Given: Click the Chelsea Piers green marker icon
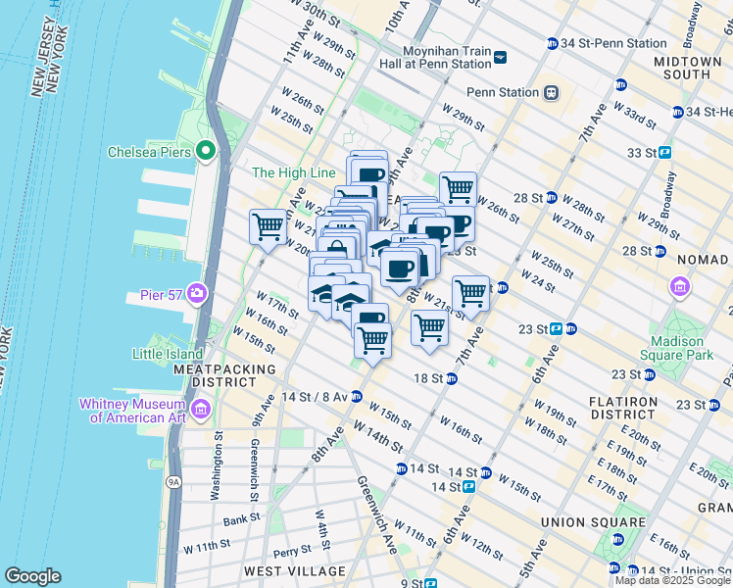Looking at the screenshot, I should [x=206, y=151].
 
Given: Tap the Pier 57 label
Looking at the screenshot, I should [x=162, y=293].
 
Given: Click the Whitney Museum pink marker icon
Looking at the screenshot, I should [x=201, y=408].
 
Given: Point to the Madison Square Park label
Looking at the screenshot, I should [x=677, y=348].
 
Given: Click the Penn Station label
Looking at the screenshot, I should [x=503, y=93].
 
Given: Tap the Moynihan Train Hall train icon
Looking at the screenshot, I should [x=501, y=57].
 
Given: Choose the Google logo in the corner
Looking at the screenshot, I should [x=32, y=576].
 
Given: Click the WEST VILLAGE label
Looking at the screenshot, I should [x=294, y=570].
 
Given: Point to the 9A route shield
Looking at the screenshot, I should [x=174, y=481].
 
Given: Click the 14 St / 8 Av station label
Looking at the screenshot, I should [x=313, y=397].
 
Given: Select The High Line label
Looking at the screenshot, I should [x=294, y=172].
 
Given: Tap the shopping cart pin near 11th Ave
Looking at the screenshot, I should [x=268, y=226].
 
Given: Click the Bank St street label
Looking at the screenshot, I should [x=240, y=520].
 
